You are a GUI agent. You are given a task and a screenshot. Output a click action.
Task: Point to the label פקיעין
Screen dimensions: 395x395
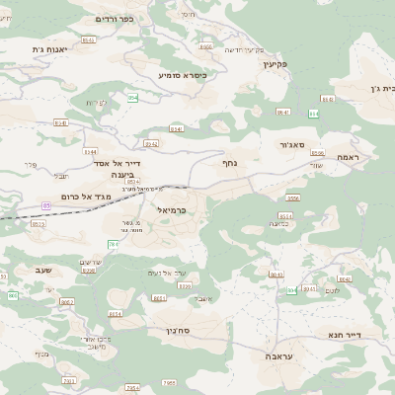275,64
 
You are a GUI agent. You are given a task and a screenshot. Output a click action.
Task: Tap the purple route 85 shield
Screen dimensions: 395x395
46,205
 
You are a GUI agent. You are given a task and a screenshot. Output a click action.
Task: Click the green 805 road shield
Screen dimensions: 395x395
292,290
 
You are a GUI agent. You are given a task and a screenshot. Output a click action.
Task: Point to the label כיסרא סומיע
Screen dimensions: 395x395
182,74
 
